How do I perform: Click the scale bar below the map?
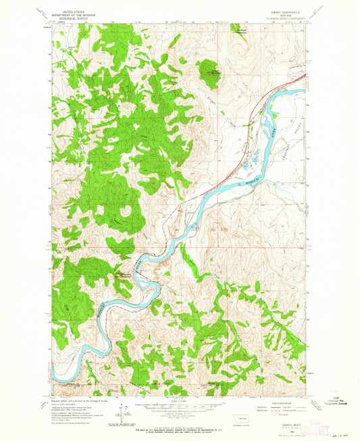tap(180, 406)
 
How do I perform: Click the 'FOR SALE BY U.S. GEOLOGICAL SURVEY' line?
tap(180, 421)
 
